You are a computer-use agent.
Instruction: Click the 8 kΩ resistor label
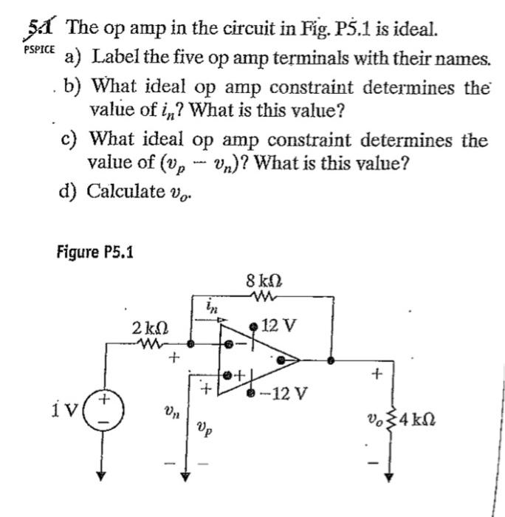click(266, 281)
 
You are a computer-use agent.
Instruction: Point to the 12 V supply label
click(278, 326)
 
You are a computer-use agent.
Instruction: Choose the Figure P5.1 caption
click(95, 252)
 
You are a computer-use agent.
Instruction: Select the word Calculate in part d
click(126, 191)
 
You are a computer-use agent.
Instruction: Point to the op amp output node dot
click(331, 360)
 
